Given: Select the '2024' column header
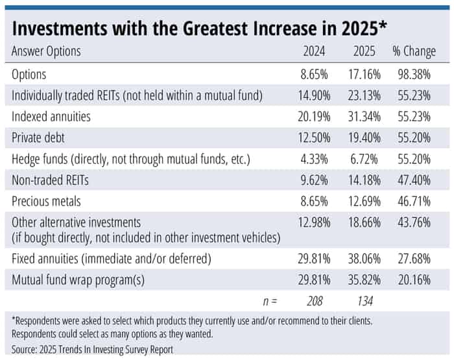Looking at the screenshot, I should click(315, 52).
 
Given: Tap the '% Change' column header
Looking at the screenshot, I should click(415, 52).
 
